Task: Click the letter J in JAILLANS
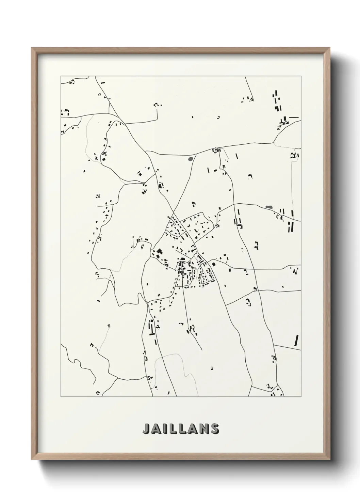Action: click(x=146, y=429)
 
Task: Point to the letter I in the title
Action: click(x=164, y=429)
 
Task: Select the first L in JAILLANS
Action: click(x=171, y=429)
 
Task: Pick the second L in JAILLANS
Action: click(x=181, y=429)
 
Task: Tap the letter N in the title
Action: click(x=202, y=429)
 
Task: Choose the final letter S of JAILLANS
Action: click(x=214, y=429)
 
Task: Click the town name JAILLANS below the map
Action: click(x=180, y=429)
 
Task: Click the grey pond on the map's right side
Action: click(x=269, y=207)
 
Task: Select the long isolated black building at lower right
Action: click(x=296, y=340)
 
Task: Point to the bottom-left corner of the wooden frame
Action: click(x=32, y=459)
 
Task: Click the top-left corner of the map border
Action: click(x=61, y=76)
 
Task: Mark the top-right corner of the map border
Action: click(x=301, y=76)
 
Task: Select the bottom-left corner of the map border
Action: click(x=61, y=397)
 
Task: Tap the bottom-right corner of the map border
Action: click(x=301, y=397)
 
